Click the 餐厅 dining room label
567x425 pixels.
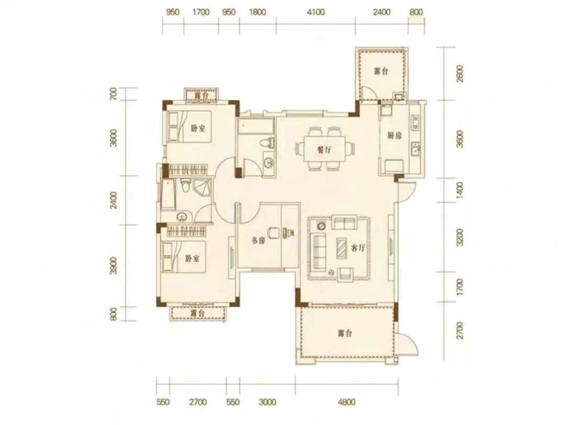[325, 150]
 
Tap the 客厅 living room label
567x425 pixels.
[358, 248]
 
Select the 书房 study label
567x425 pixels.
[258, 240]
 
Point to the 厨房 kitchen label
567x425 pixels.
[394, 136]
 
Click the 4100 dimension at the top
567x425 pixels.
[316, 12]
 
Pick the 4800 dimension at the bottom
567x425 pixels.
[347, 402]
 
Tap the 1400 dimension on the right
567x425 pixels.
[460, 190]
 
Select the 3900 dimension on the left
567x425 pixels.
[114, 266]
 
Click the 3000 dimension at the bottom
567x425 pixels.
[267, 402]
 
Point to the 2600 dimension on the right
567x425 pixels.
[460, 73]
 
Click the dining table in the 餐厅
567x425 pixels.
[325, 149]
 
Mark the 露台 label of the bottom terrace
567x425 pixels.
[345, 333]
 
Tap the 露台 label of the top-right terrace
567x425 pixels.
[381, 71]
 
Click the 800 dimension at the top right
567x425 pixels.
[416, 12]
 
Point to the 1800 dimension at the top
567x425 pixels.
[258, 12]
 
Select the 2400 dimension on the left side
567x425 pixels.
[114, 200]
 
